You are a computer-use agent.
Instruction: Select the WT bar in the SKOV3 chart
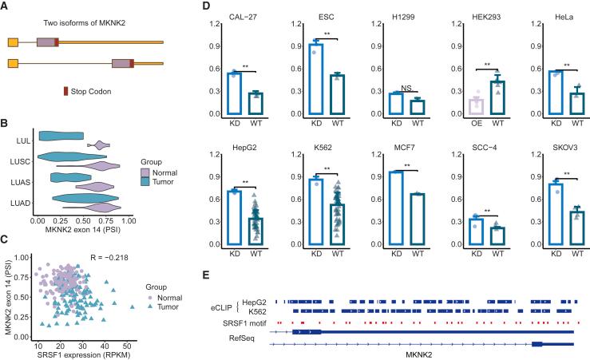(575, 226)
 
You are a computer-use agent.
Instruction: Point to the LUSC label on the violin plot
(22, 159)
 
